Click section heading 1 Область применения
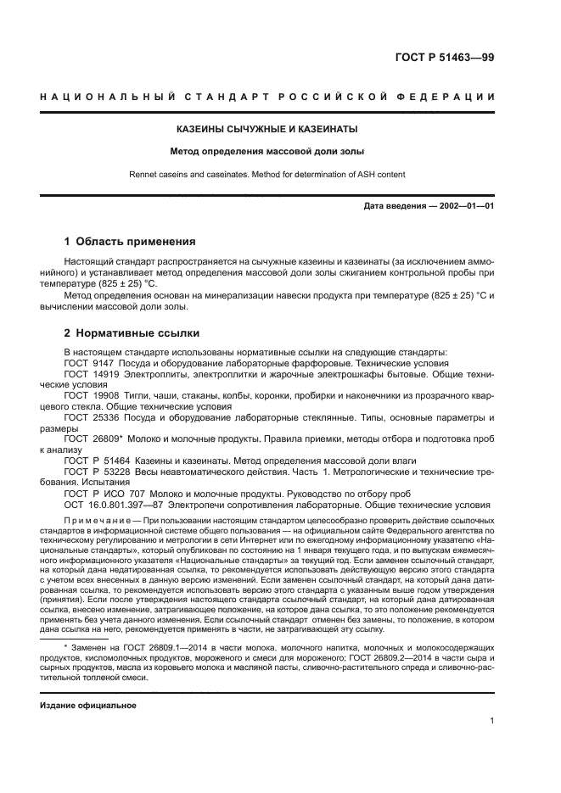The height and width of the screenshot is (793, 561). (130, 242)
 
